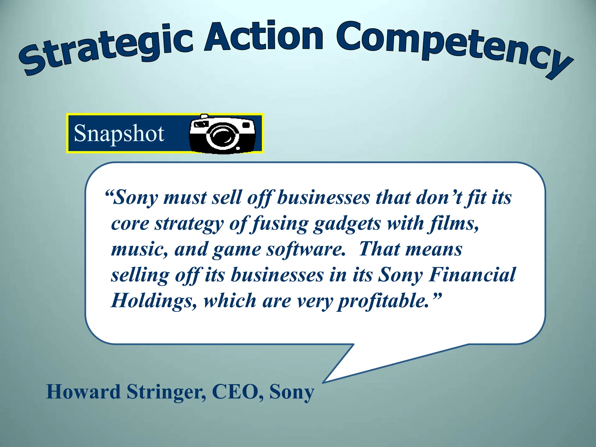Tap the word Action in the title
coord(263,36)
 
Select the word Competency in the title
coord(454,47)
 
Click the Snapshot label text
coord(119,133)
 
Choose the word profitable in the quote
coord(384,301)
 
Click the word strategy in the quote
coord(189,224)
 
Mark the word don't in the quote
coord(439,198)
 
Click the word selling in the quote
coord(140,275)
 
